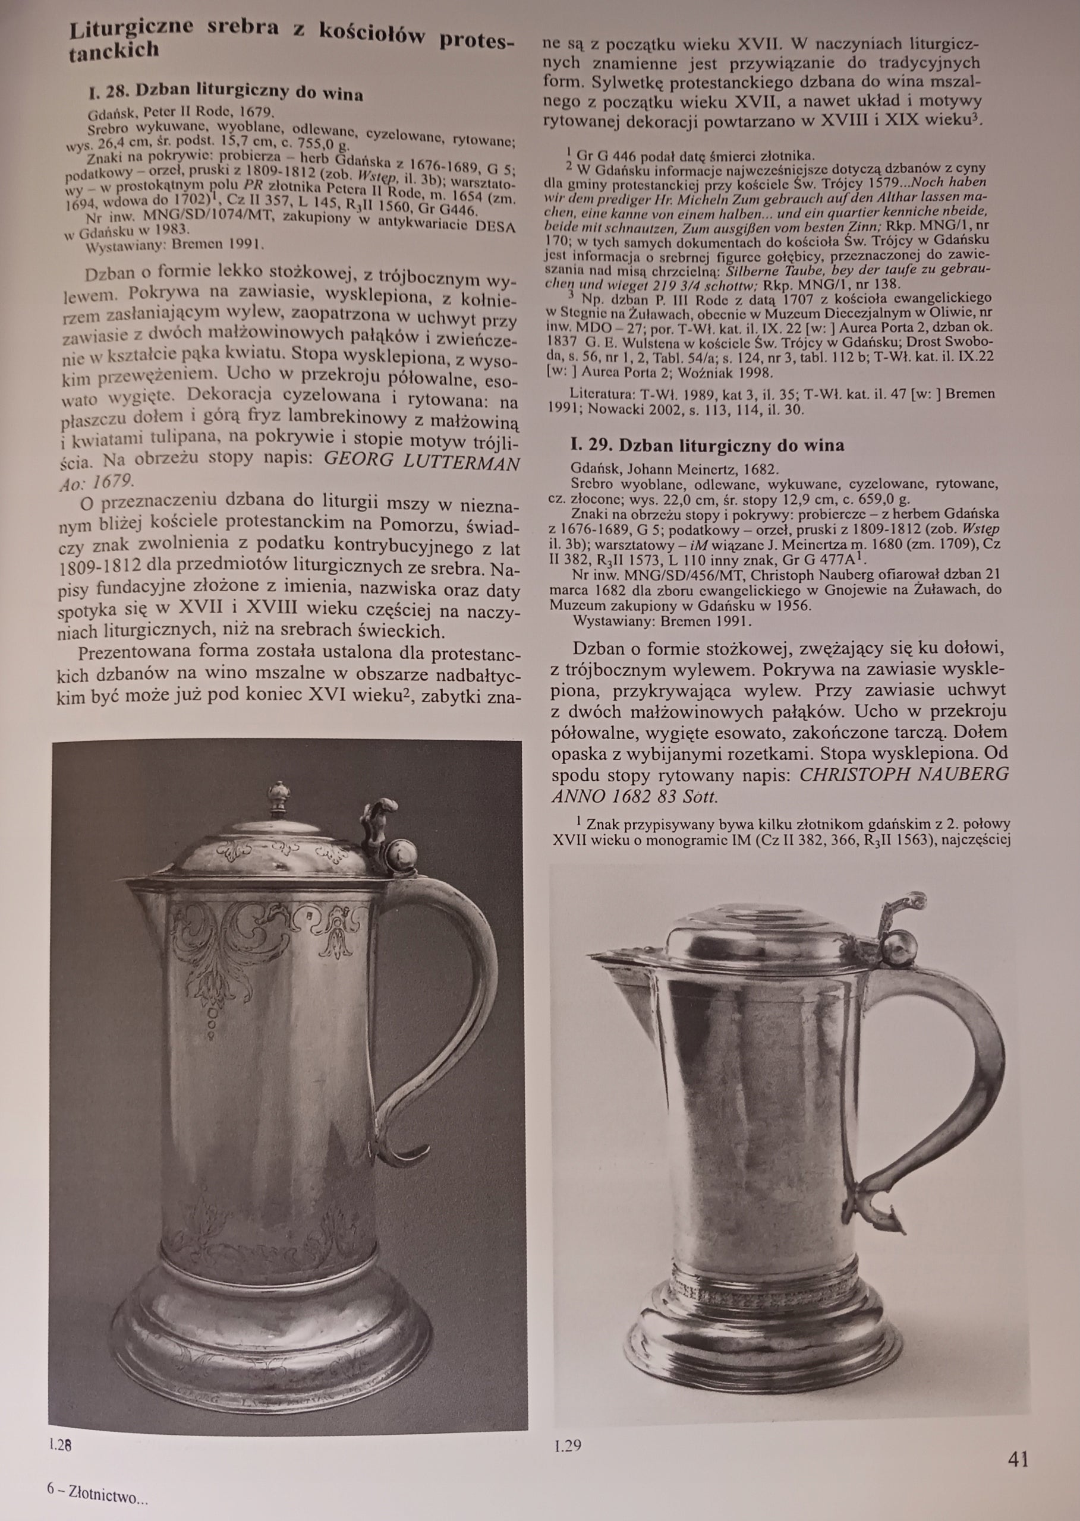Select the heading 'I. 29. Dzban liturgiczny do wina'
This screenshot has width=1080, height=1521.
(707, 445)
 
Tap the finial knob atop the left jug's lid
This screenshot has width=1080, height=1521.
(278, 795)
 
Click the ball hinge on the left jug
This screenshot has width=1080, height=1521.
(402, 854)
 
